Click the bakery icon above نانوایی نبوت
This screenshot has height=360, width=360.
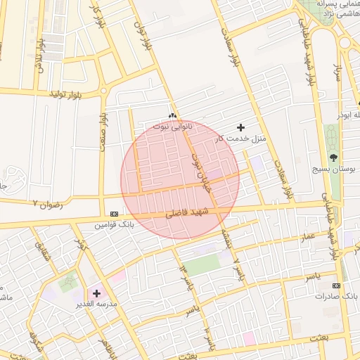[x=172, y=115]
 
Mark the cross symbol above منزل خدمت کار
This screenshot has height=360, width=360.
[x=242, y=127]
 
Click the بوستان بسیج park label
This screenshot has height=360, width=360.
[x=334, y=169]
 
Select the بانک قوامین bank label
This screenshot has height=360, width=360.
[x=114, y=225]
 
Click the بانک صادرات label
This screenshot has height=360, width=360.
[x=337, y=297]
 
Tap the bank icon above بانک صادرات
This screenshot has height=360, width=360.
[x=337, y=285]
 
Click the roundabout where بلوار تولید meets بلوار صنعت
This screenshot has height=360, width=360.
[x=103, y=91]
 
